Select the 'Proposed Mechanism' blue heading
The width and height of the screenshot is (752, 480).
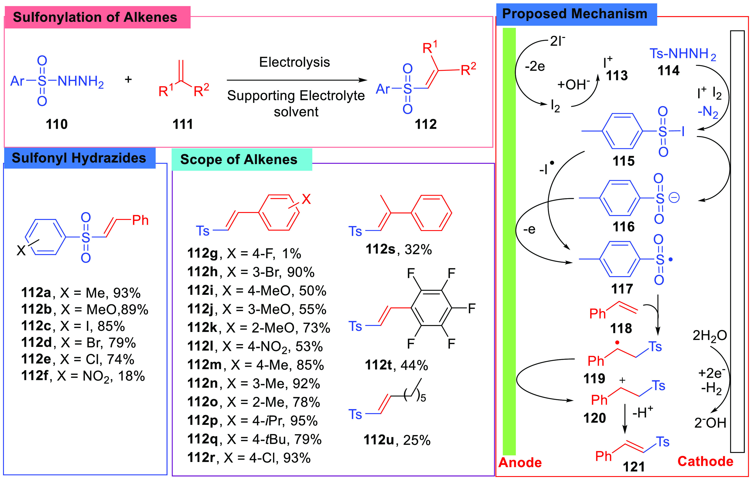tap(575, 14)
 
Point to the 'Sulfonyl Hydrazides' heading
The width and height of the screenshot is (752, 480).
tap(79, 158)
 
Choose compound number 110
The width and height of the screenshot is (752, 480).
tap(56, 124)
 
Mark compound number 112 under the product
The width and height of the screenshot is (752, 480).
tap(425, 124)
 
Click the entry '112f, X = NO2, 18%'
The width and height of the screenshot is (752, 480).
tap(83, 376)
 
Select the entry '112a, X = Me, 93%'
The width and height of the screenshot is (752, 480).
tap(81, 293)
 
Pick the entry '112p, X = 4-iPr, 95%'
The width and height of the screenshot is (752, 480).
tap(252, 421)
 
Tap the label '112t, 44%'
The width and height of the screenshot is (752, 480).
tap(396, 365)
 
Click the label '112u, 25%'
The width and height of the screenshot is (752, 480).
tap(397, 440)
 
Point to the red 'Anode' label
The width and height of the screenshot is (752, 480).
tap(520, 462)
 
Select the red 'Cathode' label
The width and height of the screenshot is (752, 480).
tap(705, 461)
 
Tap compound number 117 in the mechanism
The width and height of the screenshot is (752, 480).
tap(622, 289)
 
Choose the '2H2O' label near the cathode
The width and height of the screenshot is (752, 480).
tap(709, 336)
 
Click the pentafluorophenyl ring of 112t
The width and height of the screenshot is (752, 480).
tap(431, 308)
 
